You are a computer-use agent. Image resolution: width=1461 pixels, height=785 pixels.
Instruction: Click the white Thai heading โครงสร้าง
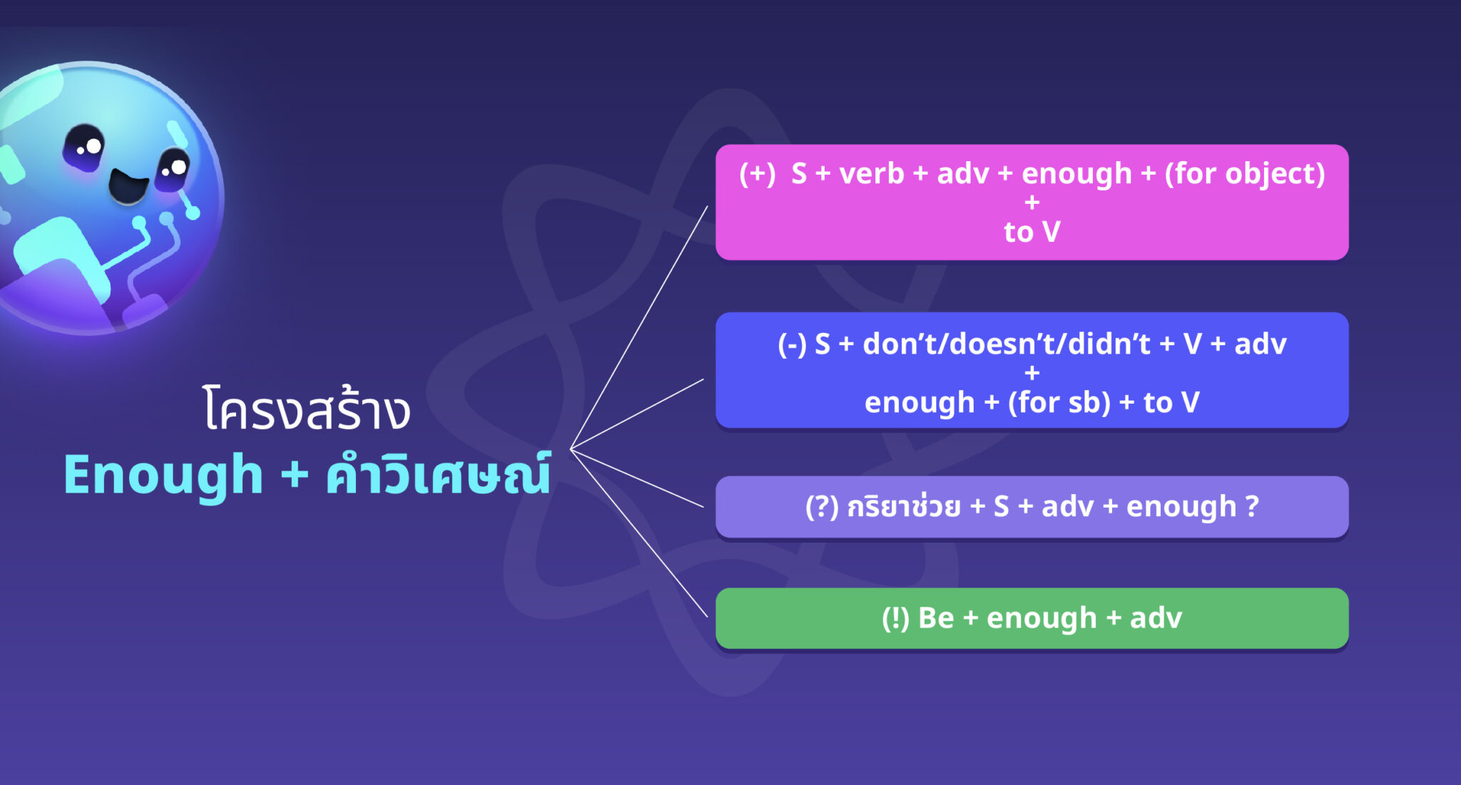307,410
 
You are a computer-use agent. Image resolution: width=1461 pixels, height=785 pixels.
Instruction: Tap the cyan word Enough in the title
163,476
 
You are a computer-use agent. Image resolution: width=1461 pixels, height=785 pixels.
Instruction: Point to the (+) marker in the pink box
757,173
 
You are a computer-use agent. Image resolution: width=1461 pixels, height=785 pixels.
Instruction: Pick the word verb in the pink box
872,173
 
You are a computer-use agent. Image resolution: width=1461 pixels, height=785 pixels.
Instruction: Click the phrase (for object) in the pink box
1245,173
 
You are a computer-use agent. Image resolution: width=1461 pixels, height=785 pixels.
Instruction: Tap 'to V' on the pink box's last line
1032,232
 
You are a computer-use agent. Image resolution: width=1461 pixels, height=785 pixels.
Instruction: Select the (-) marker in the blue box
792,344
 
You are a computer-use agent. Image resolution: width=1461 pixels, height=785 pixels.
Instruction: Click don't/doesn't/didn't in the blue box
1007,344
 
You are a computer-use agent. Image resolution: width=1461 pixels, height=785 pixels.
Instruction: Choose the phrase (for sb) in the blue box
1059,403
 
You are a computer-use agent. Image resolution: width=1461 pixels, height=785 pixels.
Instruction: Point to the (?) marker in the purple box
822,507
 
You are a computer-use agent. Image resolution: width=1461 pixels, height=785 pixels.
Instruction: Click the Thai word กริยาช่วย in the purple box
904,507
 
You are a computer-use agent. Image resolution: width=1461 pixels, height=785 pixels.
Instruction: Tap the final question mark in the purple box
1252,507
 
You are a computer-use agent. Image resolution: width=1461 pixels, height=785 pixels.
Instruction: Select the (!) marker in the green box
895,618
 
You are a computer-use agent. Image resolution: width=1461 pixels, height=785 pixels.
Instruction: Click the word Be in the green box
936,618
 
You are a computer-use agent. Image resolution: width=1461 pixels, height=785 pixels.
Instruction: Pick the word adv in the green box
1156,618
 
